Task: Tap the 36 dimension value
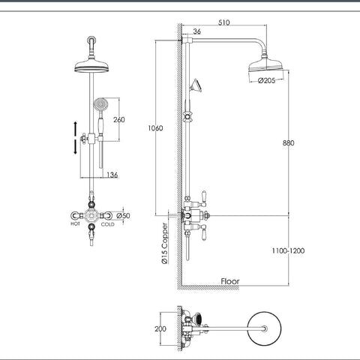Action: click(196, 32)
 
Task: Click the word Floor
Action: click(230, 282)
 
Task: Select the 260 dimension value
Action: click(118, 120)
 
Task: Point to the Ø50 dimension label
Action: click(125, 216)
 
